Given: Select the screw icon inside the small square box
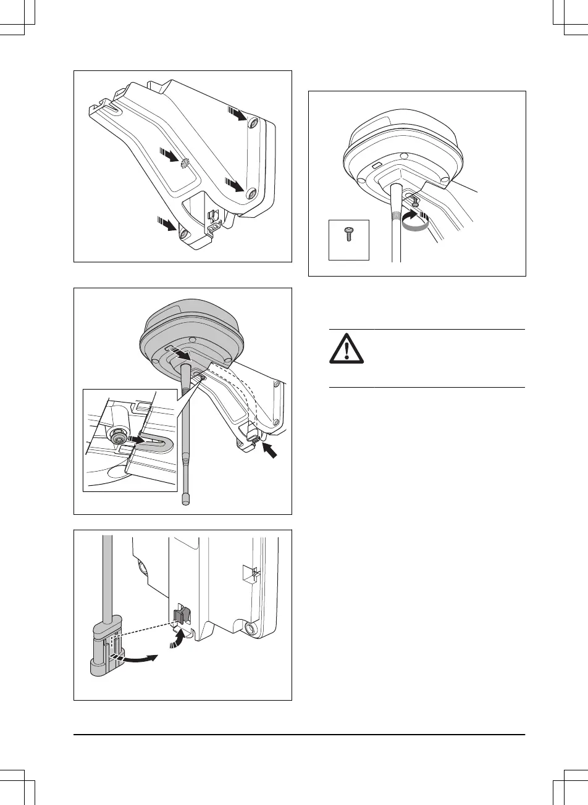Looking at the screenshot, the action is pos(348,235).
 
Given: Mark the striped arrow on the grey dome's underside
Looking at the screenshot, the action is pos(182,355).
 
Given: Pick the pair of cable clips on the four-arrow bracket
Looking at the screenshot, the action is pos(213,220).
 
